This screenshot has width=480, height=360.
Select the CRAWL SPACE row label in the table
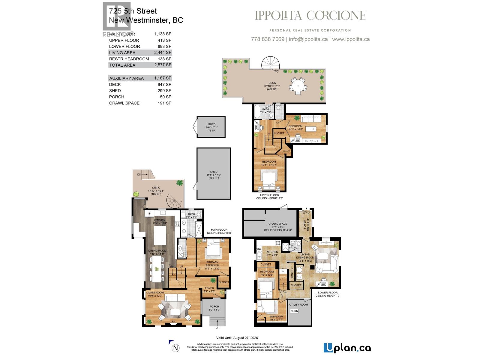(124, 103)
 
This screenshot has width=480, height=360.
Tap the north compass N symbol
(176, 348)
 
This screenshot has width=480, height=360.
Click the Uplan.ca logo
(347, 348)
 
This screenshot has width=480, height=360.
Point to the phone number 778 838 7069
(267, 39)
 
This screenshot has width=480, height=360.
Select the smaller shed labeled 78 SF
(211, 127)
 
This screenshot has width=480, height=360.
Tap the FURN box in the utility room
(294, 311)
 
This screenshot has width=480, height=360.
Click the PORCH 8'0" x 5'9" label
(214, 308)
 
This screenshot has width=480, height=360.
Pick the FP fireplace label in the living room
(173, 322)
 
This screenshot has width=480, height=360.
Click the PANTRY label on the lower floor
(292, 273)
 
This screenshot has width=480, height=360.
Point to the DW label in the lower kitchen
(259, 249)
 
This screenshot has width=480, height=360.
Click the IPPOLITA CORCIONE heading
(310, 16)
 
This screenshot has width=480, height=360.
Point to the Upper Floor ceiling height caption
(269, 196)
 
